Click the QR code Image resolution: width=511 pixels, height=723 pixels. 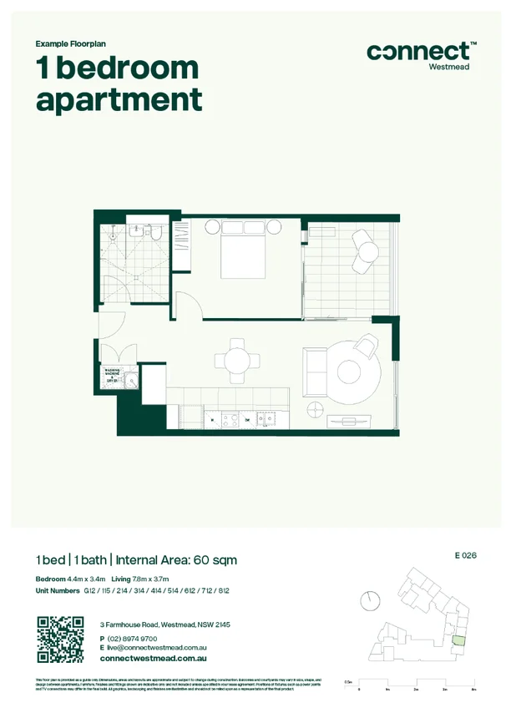(61, 640)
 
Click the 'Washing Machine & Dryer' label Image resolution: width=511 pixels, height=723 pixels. (109, 377)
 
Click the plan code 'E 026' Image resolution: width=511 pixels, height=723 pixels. (465, 555)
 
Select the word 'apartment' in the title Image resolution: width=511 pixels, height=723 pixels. (119, 100)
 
